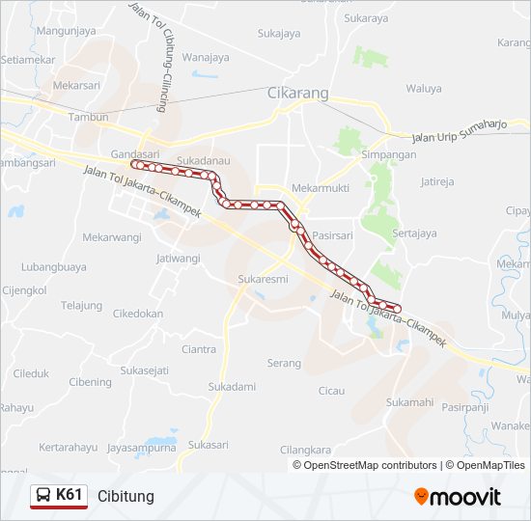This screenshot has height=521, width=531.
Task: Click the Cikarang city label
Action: (297, 94)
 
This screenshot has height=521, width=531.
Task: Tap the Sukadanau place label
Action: (203, 161)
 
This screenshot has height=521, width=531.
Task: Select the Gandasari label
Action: (135, 153)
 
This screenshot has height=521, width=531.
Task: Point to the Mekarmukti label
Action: (319, 187)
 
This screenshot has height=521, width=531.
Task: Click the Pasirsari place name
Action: (333, 234)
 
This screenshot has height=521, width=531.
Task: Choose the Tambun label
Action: (90, 117)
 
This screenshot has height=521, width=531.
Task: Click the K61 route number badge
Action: (59, 496)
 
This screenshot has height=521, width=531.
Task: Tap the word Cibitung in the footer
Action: (125, 497)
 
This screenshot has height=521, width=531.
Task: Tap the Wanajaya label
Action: (206, 57)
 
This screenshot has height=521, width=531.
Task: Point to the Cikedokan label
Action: (138, 314)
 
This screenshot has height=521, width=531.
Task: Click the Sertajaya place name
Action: (415, 233)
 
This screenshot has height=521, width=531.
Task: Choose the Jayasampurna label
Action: (142, 448)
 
